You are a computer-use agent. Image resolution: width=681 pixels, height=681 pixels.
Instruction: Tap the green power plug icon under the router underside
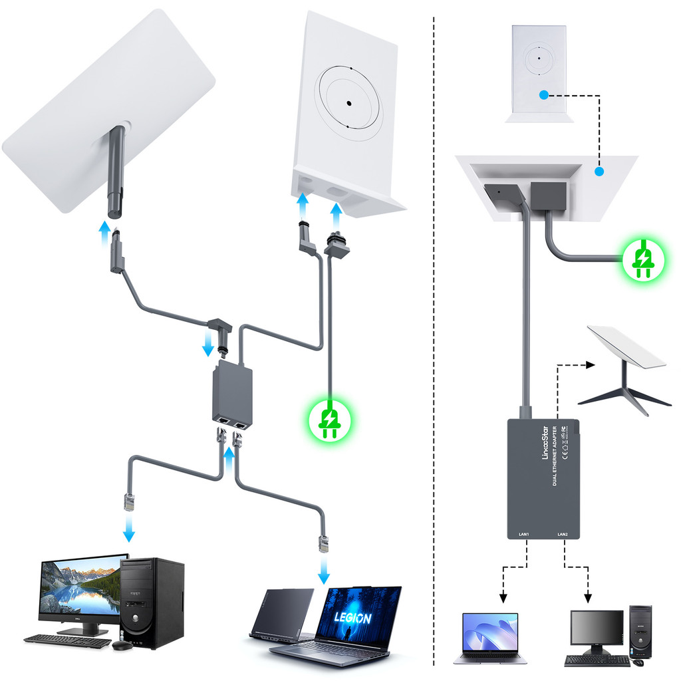click(642, 260)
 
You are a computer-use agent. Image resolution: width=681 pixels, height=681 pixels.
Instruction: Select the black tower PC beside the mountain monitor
click(152, 603)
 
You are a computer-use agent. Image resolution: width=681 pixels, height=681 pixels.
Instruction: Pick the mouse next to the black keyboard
click(122, 644)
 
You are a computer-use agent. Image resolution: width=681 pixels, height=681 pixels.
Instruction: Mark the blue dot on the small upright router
click(544, 96)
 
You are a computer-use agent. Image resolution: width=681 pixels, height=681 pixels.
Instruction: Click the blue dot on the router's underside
click(599, 172)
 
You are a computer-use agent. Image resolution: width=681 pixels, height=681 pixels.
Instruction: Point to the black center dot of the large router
click(348, 103)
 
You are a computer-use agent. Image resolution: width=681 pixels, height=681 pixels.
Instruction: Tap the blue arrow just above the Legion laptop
click(324, 570)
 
